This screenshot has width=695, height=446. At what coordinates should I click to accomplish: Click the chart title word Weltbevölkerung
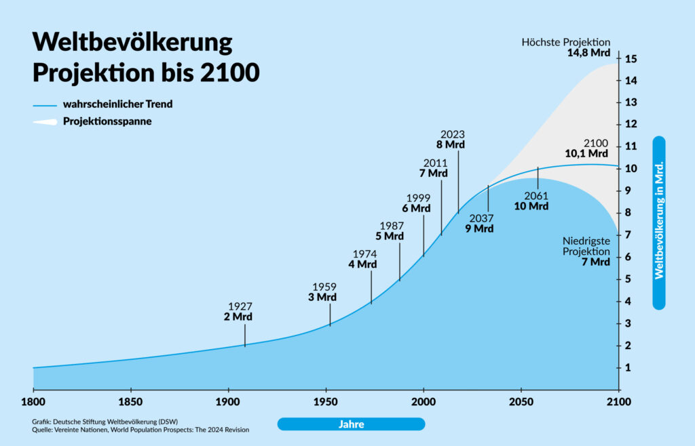click(132, 43)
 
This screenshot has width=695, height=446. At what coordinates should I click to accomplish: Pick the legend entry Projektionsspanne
click(107, 122)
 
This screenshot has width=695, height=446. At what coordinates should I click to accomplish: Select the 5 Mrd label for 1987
click(390, 236)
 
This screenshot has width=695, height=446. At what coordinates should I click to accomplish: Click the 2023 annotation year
click(453, 134)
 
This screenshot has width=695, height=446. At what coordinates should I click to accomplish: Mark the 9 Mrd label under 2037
click(479, 228)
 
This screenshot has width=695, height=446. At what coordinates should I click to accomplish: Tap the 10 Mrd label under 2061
click(531, 206)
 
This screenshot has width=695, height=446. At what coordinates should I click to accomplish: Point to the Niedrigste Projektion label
click(586, 246)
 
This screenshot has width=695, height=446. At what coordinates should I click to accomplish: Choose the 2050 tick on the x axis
click(521, 402)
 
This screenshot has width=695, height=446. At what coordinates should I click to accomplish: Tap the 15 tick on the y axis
click(631, 58)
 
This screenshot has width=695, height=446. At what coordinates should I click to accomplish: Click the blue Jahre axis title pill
click(351, 424)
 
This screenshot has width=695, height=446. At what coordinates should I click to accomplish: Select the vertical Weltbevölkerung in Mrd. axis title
click(658, 223)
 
